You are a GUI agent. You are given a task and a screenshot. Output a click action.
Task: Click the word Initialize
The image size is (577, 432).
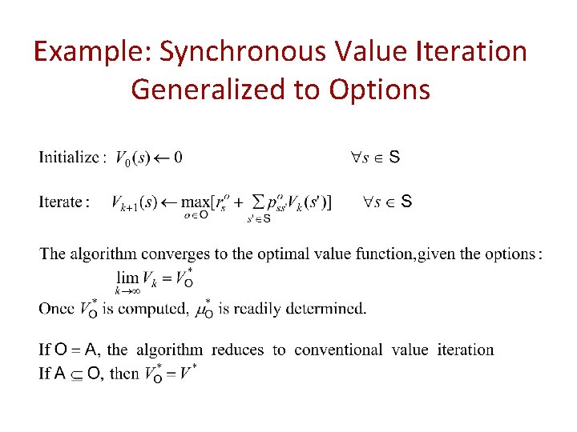[69, 158]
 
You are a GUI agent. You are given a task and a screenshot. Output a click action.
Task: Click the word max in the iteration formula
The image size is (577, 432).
[196, 202]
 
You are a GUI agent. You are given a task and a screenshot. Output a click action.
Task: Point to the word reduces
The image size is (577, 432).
[244, 350]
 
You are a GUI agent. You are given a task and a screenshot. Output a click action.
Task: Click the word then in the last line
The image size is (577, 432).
[124, 374]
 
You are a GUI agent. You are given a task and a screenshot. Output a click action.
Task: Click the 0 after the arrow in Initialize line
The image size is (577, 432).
[177, 158]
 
